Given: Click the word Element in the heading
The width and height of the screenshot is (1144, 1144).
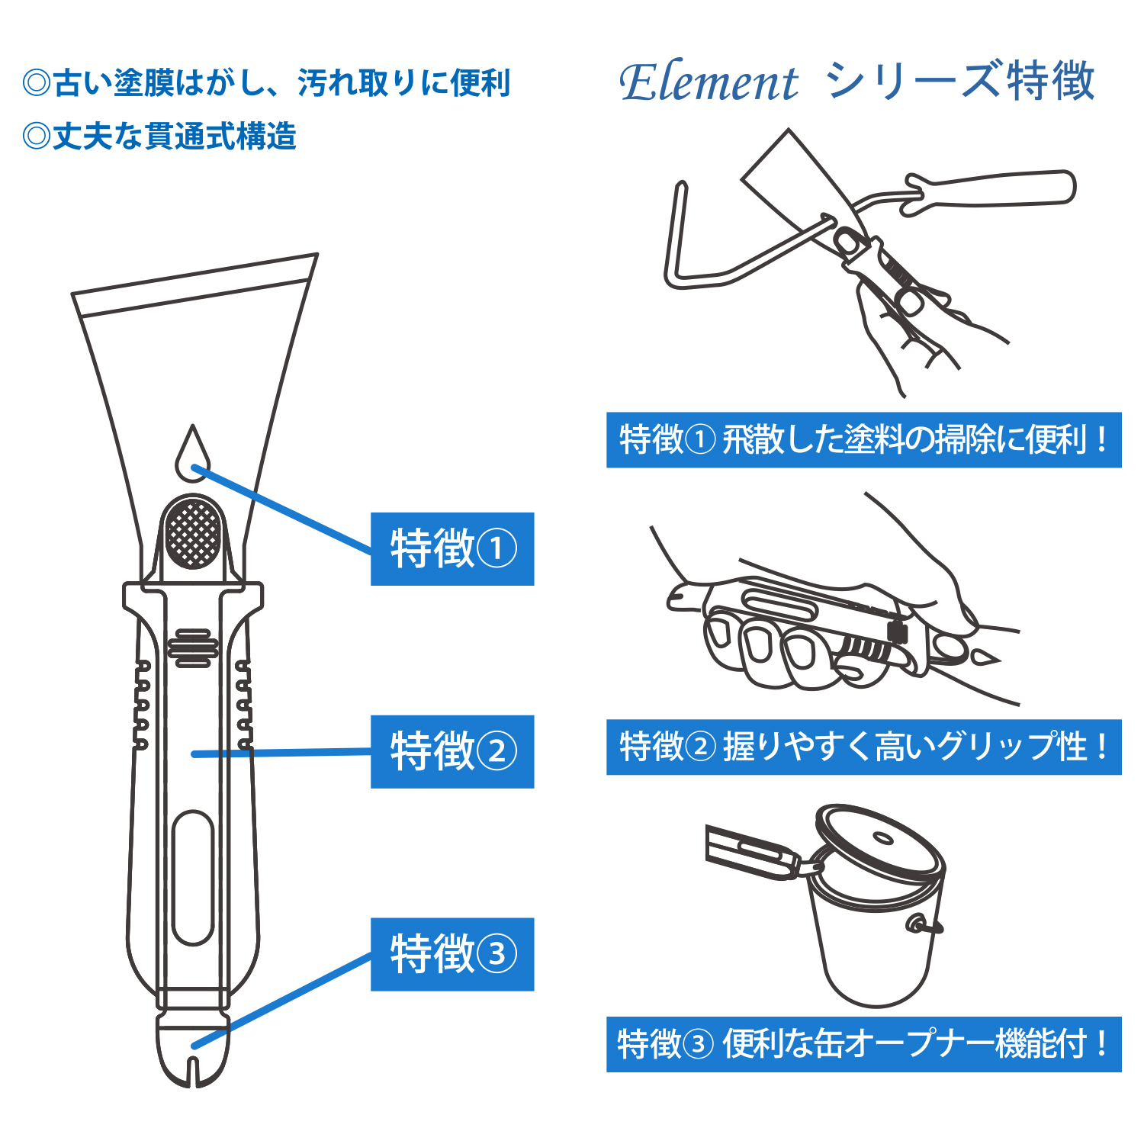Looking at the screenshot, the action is point(709,82).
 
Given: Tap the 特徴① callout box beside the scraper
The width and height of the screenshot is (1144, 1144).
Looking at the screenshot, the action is point(452,549).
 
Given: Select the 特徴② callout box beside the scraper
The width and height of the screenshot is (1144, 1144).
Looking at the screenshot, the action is point(452,751).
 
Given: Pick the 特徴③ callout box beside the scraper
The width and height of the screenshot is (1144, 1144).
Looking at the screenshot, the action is point(452,954).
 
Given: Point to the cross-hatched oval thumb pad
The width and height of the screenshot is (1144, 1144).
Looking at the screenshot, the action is point(194,532).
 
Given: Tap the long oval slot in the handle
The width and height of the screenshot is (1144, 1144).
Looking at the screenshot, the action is point(192,878).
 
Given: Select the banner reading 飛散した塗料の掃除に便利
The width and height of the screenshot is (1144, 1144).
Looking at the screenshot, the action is point(863,440).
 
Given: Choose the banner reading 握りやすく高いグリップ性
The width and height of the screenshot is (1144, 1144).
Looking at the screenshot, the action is point(863,747).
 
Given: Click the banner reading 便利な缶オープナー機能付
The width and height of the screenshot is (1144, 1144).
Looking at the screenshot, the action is point(863,1044).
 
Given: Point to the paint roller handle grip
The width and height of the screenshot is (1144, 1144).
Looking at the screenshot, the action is point(991,190).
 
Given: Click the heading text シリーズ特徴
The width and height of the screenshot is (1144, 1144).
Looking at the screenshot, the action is point(961,81).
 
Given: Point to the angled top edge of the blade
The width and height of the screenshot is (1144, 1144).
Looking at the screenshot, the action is point(194,273).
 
